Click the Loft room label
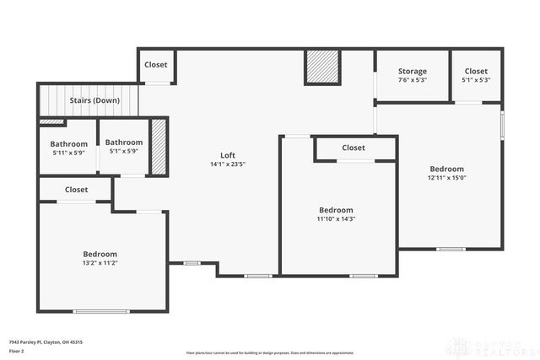228,155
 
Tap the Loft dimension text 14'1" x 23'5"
228,164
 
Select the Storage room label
413,72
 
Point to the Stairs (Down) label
94,100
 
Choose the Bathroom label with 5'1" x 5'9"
123,142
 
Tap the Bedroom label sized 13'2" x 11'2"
100,254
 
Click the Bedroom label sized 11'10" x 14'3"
336,210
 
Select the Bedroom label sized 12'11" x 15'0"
446,169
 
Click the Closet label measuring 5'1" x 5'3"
476,72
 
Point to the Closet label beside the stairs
156,65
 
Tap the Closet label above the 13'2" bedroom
76,190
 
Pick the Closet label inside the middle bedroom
354,148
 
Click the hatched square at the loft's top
321,67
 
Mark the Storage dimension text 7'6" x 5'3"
413,81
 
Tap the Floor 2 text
17,351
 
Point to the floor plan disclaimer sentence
270,352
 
